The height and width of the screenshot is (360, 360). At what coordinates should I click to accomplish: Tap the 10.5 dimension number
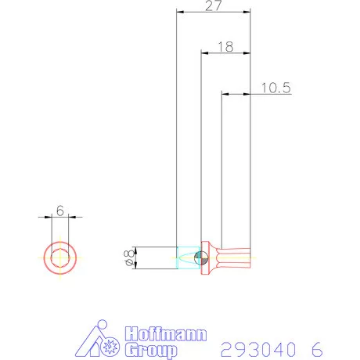click(x=275, y=88)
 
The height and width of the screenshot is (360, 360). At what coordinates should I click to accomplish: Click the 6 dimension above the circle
click(x=59, y=211)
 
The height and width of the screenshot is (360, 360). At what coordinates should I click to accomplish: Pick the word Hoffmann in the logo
click(x=165, y=334)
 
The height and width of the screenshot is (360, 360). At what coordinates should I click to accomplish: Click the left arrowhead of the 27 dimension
click(x=179, y=13)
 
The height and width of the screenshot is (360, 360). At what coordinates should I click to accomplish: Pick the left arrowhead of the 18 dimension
click(x=204, y=53)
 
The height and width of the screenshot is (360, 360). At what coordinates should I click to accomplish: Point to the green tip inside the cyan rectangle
click(x=188, y=257)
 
